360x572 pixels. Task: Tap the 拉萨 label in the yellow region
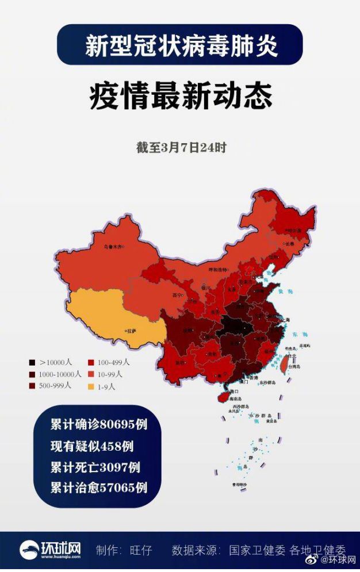(x=132, y=331)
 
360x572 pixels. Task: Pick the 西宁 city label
(x=176, y=295)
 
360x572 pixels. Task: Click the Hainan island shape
(x=221, y=396)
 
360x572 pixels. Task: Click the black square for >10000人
(x=33, y=363)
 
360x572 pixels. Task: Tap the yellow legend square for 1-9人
(x=90, y=386)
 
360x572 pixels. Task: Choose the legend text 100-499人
(x=113, y=362)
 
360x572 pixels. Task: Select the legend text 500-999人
(x=55, y=385)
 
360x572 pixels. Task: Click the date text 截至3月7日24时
(x=181, y=148)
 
